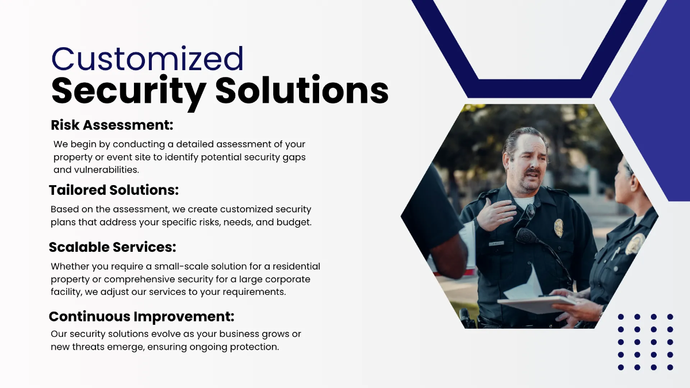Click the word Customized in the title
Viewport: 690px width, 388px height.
click(148, 59)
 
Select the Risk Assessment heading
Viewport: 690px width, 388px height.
click(112, 125)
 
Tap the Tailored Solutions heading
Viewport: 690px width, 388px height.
click(114, 190)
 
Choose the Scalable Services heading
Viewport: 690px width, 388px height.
click(112, 247)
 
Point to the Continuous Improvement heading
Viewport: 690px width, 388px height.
click(141, 316)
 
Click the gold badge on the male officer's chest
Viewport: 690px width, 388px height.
click(558, 228)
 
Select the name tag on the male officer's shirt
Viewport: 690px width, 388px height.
click(496, 243)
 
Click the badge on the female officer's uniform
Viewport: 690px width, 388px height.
click(634, 244)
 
